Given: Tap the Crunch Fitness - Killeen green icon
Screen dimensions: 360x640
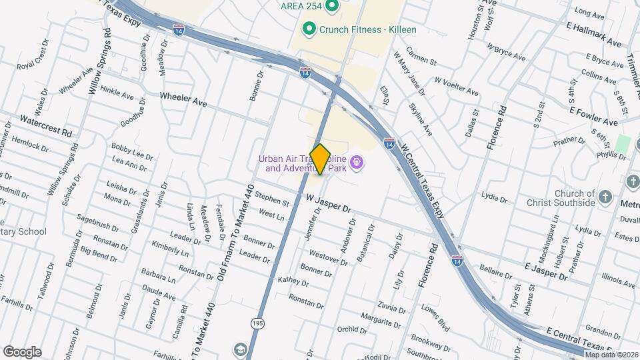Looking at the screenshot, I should tap(309, 29).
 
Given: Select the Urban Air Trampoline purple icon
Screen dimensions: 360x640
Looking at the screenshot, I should tap(357, 161).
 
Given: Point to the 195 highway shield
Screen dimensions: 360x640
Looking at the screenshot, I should tap(257, 323).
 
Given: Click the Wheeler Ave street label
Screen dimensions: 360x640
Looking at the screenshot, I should tap(183, 99).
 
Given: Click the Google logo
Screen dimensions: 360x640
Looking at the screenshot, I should tap(22, 352).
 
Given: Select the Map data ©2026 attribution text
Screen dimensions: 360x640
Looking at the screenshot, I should tap(611, 355).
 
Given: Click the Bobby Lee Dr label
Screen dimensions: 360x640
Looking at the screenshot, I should tap(133, 151).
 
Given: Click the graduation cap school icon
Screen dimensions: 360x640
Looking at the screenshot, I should tap(239, 349).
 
